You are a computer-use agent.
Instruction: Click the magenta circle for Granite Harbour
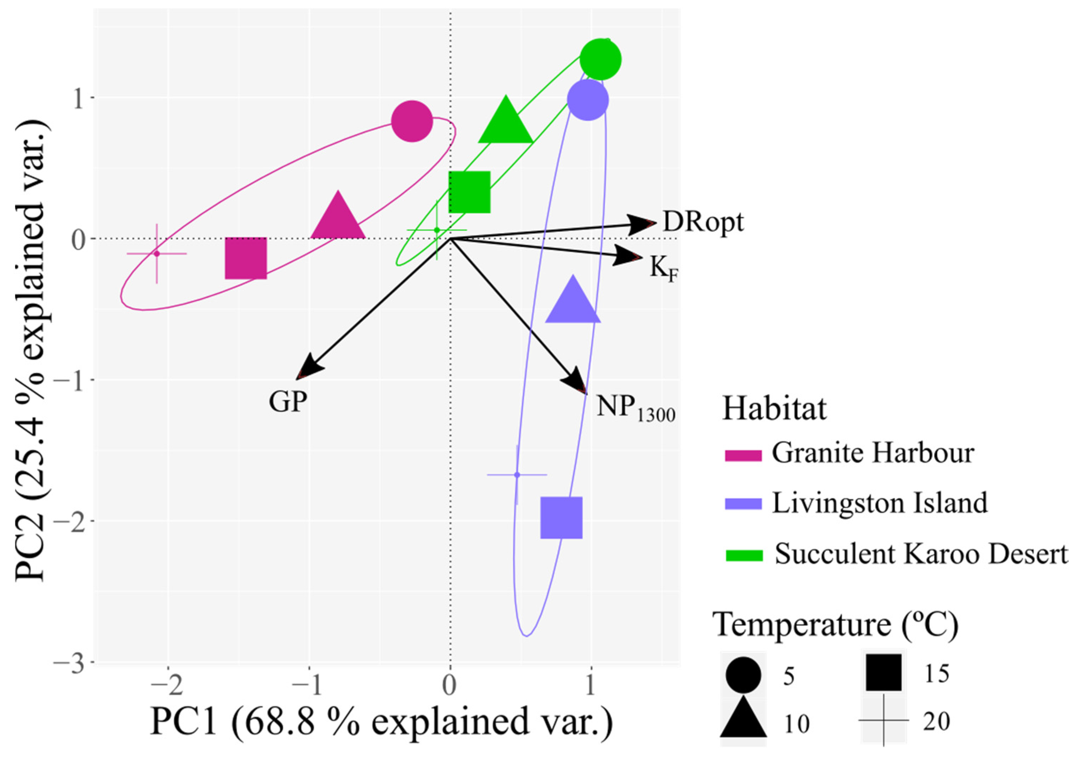411,121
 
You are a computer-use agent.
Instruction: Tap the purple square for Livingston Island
561,518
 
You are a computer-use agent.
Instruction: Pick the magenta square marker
246,258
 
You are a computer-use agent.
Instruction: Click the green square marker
469,192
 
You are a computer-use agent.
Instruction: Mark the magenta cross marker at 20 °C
157,254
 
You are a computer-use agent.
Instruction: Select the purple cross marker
517,475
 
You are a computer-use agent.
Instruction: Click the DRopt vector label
703,222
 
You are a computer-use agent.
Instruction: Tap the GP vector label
288,401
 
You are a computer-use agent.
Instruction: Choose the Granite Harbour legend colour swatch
743,455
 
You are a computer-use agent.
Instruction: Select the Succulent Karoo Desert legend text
921,554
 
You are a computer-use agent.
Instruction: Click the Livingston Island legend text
880,503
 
